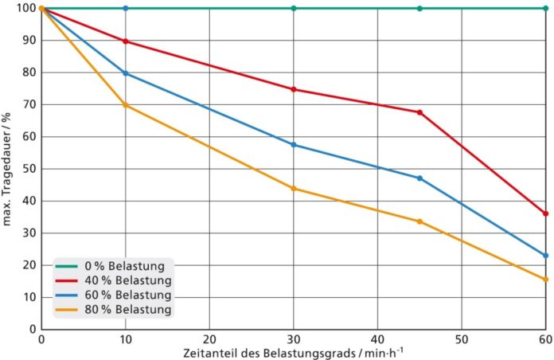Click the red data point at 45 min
tap(419, 112)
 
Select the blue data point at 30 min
tap(294, 145)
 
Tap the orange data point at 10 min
tap(125, 105)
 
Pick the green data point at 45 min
tap(419, 8)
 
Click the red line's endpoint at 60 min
tap(545, 213)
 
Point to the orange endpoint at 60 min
tap(545, 280)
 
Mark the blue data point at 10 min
tap(125, 73)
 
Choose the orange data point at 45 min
tap(419, 221)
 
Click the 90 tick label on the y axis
tap(30, 41)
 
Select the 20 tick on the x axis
tap(209, 338)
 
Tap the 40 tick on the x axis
tap(377, 338)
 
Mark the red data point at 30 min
tap(294, 89)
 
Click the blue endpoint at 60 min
tap(545, 256)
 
